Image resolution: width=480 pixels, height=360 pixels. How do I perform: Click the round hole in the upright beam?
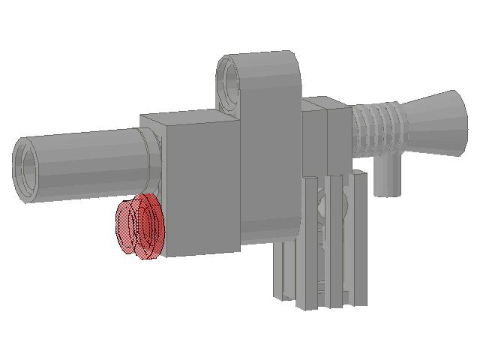pyautogui.click(x=229, y=78)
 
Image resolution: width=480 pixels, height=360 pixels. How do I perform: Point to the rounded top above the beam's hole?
pyautogui.click(x=259, y=57)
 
